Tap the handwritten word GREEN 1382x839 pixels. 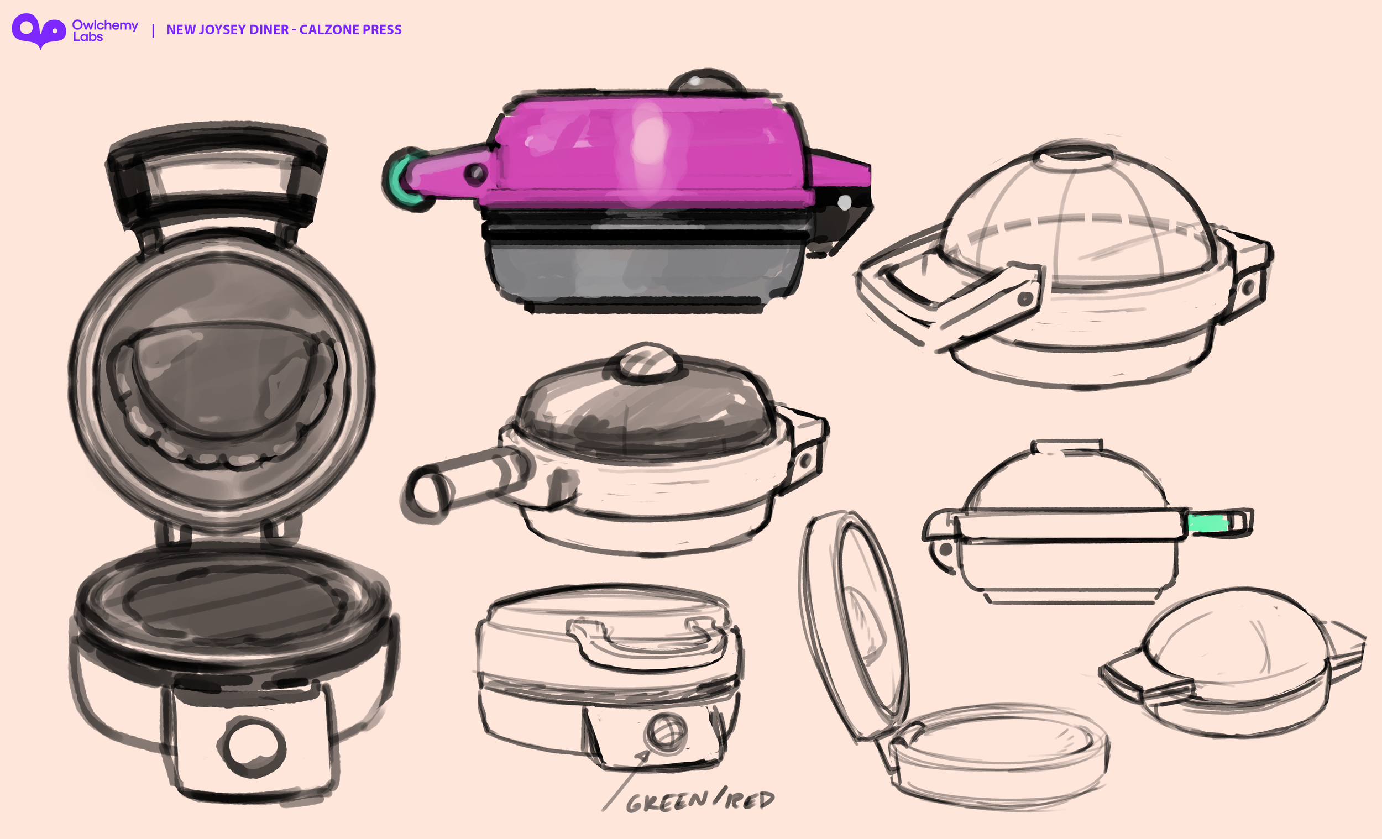tap(667, 803)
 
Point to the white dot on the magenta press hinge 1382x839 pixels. tap(844, 202)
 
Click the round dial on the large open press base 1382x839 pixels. tap(252, 747)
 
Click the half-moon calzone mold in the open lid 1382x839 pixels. tap(222, 381)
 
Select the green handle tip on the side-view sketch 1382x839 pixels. tap(1208, 523)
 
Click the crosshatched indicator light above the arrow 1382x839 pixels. tap(666, 731)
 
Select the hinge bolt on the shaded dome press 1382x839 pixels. tap(805, 461)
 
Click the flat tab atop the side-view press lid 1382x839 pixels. tap(1067, 445)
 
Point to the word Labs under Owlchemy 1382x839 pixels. tap(87, 37)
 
